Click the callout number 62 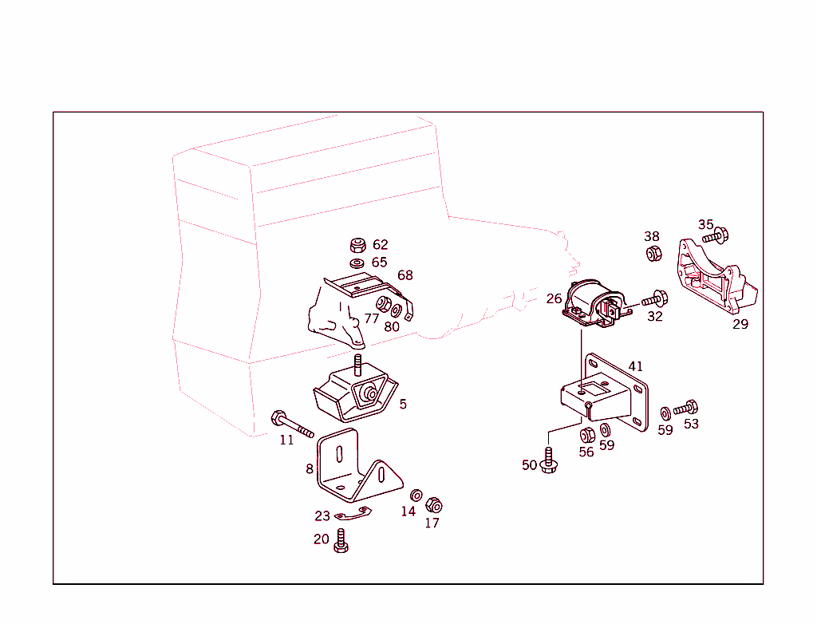click(x=380, y=245)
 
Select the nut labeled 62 click(x=357, y=245)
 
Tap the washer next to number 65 click(x=357, y=263)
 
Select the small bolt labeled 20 click(x=341, y=541)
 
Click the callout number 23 click(x=322, y=516)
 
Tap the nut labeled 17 click(x=434, y=505)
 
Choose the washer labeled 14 click(x=416, y=496)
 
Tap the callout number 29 click(x=740, y=325)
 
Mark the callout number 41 click(x=635, y=366)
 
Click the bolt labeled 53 click(x=686, y=409)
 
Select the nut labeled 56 click(x=586, y=435)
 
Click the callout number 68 click(x=405, y=275)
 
